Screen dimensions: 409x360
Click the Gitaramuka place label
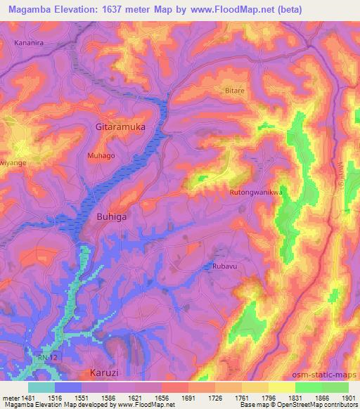[x=122, y=128]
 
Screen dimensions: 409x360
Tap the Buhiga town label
[x=111, y=218]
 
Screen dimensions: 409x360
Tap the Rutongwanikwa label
[x=255, y=191]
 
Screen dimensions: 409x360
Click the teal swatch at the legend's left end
[x=41, y=387]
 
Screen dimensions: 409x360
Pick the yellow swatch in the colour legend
[x=282, y=387]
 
